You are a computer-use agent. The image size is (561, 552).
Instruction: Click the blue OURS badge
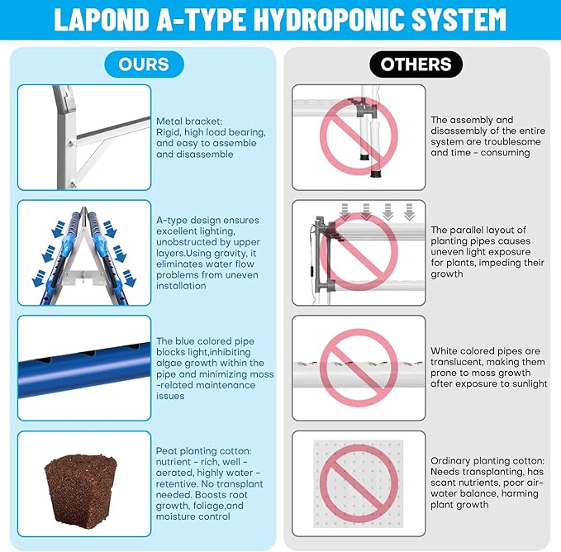144,64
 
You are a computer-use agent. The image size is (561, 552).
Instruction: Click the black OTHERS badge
416,64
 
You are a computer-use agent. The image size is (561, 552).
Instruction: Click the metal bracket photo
84,137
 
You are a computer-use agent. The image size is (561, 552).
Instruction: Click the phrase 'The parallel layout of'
478,230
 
